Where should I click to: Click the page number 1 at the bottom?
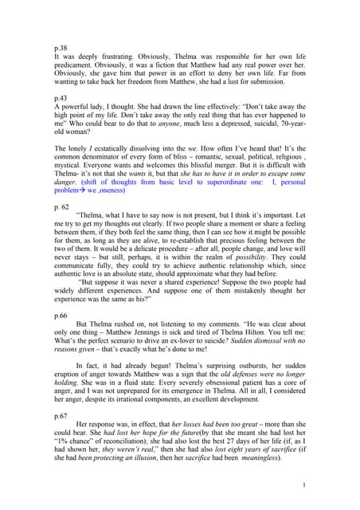pyautogui.click(x=305, y=485)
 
